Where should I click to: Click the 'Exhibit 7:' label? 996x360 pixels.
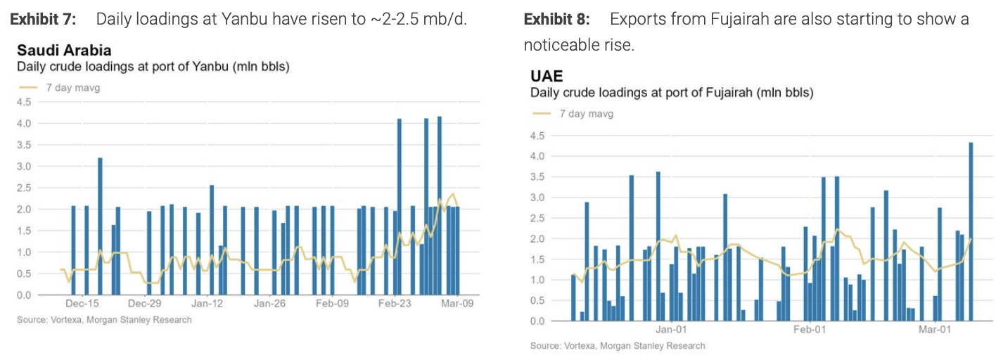click(42, 19)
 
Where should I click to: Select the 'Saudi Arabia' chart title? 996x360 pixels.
click(64, 51)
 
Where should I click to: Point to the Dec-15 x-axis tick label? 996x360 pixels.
click(82, 304)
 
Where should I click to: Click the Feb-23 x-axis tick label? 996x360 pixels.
click(395, 304)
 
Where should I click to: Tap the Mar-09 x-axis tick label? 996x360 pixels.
click(457, 304)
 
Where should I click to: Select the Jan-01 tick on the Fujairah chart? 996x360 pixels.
click(670, 329)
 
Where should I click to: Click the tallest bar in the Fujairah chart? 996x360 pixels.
click(971, 232)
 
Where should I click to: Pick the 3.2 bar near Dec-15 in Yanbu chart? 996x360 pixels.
click(100, 225)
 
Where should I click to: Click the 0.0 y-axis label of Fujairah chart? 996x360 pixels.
click(538, 321)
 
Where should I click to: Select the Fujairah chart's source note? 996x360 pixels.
click(618, 345)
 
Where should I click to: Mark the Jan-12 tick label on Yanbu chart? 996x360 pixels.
click(207, 304)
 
